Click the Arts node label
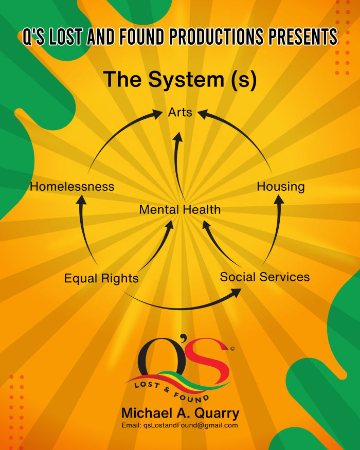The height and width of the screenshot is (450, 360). tap(180, 112)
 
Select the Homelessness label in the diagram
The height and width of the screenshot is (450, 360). tap(72, 187)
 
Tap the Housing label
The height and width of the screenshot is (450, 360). tap(281, 187)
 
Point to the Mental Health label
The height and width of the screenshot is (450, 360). tap(180, 210)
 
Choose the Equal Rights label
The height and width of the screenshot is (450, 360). tap(101, 279)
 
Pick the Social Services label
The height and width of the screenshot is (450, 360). tap(265, 277)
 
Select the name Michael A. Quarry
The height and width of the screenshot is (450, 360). tap(180, 413)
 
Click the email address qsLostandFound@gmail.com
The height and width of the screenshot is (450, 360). tap(180, 425)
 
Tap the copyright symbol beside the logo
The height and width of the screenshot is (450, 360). tap(232, 349)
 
